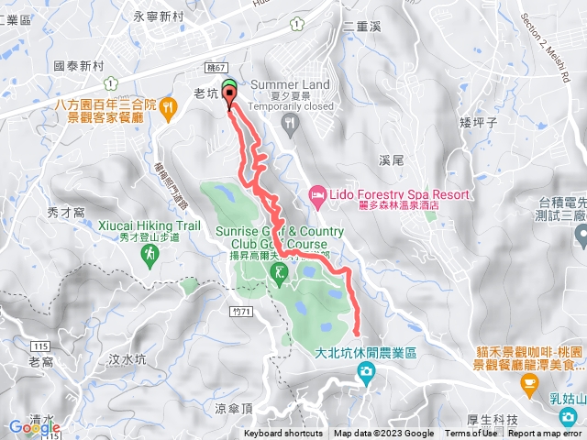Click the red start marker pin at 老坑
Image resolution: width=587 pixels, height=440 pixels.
[229, 99]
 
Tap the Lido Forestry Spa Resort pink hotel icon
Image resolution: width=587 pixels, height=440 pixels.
[317, 193]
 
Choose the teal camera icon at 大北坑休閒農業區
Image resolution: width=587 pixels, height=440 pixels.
[366, 370]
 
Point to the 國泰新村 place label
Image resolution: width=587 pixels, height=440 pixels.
[80, 66]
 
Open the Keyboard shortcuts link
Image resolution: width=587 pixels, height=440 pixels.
[283, 434]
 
